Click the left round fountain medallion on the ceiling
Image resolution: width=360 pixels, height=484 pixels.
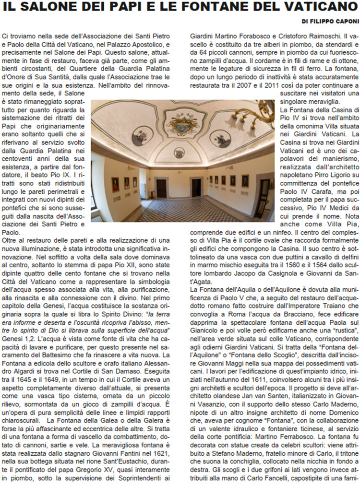point(143,136)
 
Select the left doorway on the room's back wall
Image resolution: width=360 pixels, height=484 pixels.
point(161,188)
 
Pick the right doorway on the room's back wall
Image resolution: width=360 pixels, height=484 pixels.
point(197,187)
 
